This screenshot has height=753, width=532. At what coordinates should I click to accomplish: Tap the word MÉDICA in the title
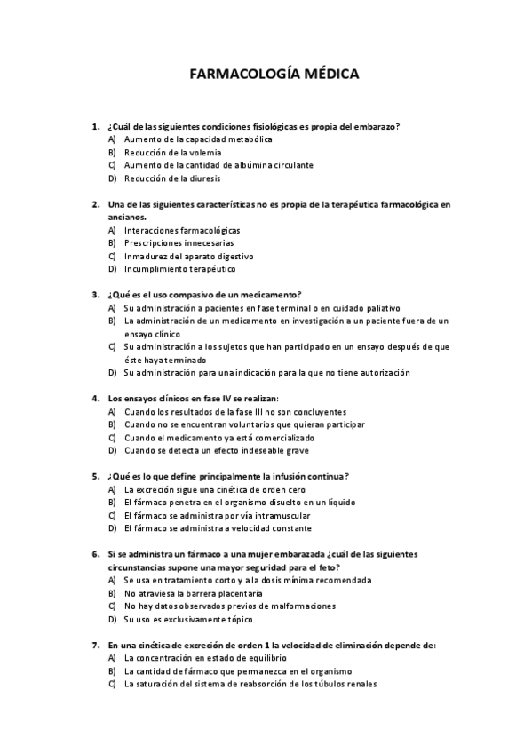pos(330,75)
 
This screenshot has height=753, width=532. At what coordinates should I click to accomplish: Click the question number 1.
pos(95,127)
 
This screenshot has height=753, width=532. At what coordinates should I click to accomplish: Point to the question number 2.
pos(95,204)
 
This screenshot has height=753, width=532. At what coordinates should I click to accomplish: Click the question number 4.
pos(95,399)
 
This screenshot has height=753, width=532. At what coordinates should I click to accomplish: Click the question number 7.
pos(95,645)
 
